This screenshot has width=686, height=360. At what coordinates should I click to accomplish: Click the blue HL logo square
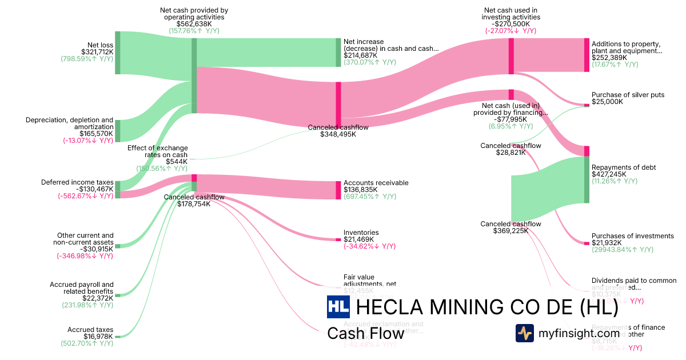pyautogui.click(x=338, y=307)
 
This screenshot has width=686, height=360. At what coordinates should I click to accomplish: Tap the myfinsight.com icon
pyautogui.click(x=524, y=333)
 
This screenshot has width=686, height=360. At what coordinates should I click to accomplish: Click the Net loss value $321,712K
pyautogui.click(x=98, y=52)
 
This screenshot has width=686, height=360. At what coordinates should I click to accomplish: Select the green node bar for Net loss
pyautogui.click(x=118, y=53)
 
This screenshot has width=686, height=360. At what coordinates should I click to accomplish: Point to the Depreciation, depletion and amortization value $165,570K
pyautogui.click(x=97, y=133)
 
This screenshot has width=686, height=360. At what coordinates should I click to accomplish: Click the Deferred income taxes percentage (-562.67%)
pyautogui.click(x=85, y=195)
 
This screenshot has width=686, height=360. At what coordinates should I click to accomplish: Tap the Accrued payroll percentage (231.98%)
pyautogui.click(x=87, y=305)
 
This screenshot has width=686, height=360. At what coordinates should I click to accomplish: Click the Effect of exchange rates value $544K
pyautogui.click(x=177, y=162)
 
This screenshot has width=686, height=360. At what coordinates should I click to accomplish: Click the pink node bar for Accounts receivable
pyautogui.click(x=338, y=190)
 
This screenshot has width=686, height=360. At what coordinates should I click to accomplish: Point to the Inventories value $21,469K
pyautogui.click(x=361, y=239)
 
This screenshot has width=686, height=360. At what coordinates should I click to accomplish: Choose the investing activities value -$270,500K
pyautogui.click(x=510, y=24)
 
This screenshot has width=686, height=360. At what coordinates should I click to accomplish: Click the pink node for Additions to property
pyautogui.click(x=587, y=55)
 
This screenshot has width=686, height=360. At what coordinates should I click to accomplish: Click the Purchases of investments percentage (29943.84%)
pyautogui.click(x=622, y=250)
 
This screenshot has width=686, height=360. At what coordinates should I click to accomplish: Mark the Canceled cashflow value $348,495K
pyautogui.click(x=338, y=134)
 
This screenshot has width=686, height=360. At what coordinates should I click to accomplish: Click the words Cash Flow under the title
pyautogui.click(x=365, y=333)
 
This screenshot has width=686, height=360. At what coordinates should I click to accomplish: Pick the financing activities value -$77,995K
pyautogui.click(x=510, y=119)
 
